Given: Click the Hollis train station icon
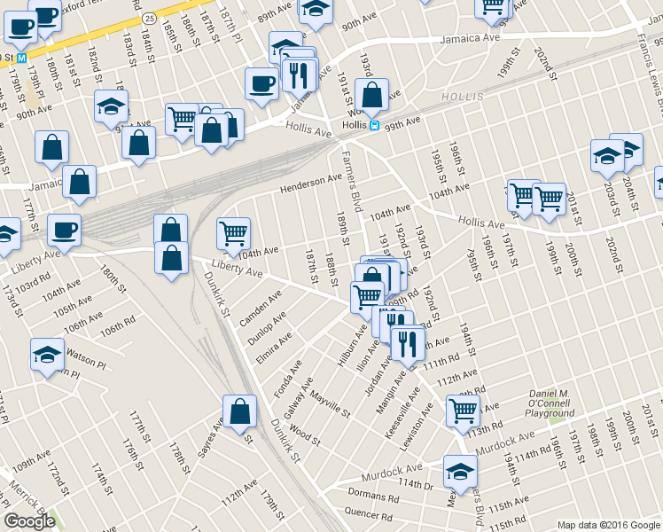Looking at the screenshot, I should [375, 126].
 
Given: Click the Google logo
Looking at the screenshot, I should [29, 520].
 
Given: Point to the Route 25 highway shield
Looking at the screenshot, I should [150, 18].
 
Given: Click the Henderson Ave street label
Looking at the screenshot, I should [311, 184].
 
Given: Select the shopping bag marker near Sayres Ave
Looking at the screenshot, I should [239, 411].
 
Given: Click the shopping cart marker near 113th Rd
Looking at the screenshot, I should [463, 411].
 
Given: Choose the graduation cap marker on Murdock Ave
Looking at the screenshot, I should [460, 471].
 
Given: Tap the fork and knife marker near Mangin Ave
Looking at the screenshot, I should [407, 341].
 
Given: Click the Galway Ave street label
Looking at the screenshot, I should [296, 398].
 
